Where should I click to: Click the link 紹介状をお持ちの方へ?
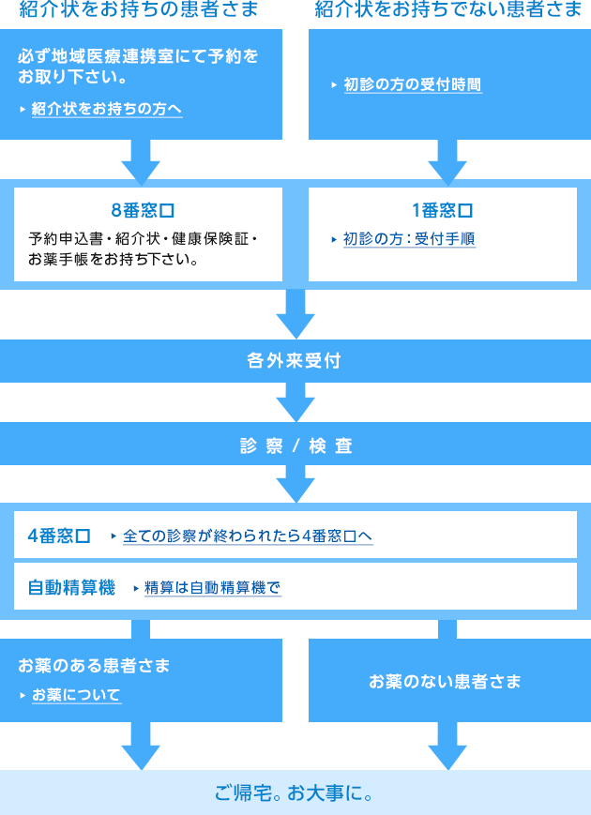[x=106, y=109]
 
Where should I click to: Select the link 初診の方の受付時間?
[x=413, y=84]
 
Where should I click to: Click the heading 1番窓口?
[x=443, y=209]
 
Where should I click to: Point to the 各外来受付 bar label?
[x=295, y=360]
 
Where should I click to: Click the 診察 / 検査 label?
[x=295, y=446]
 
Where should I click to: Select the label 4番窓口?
[x=59, y=536]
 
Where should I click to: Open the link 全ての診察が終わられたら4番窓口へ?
[x=248, y=536]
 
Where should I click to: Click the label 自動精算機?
[x=71, y=588]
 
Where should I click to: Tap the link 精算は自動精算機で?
[x=213, y=588]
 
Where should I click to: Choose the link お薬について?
[x=76, y=695]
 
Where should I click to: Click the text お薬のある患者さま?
[x=94, y=666]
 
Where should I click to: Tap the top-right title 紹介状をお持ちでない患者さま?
[x=448, y=11]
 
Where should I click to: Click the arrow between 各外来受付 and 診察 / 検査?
[x=295, y=402]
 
